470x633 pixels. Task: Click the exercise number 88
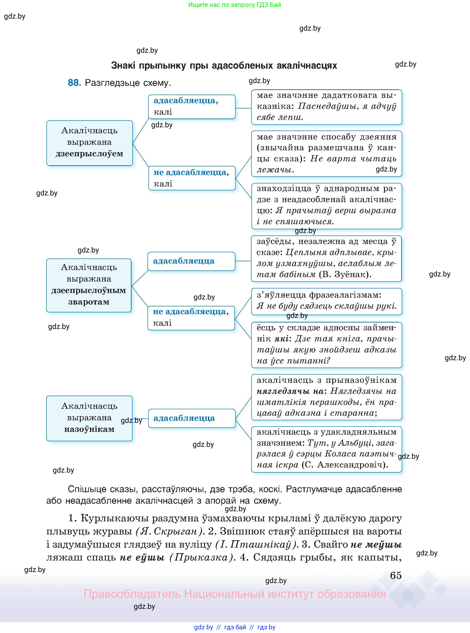74,83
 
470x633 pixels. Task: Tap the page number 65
395,575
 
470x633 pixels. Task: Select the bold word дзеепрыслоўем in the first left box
89,154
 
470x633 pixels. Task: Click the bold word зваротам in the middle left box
89,302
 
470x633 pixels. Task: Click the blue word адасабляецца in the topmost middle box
184,100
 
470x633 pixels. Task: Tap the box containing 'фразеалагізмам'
326,301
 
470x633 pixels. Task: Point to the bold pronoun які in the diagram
281,339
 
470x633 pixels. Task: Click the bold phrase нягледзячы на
290,391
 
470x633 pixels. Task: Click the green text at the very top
234,5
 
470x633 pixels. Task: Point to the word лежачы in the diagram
275,170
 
